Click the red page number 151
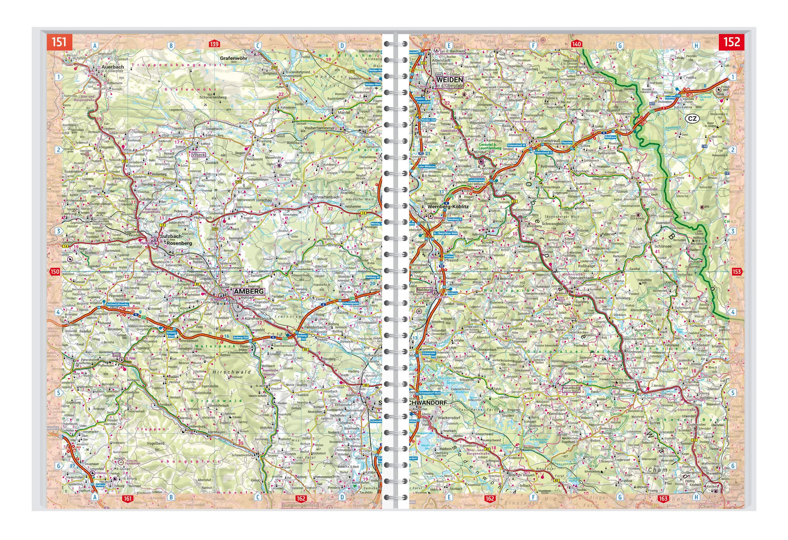click(59, 42)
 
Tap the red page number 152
click(731, 42)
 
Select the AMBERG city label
click(248, 291)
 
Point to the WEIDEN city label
click(449, 66)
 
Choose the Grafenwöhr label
click(236, 58)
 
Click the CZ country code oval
click(692, 119)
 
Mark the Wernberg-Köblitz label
click(448, 207)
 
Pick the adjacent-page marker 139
click(214, 44)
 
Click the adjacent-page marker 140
click(576, 44)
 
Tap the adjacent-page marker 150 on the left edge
click(55, 272)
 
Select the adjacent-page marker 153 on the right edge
click(737, 272)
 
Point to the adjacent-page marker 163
click(662, 499)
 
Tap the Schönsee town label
click(662, 246)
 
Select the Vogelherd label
click(156, 443)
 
